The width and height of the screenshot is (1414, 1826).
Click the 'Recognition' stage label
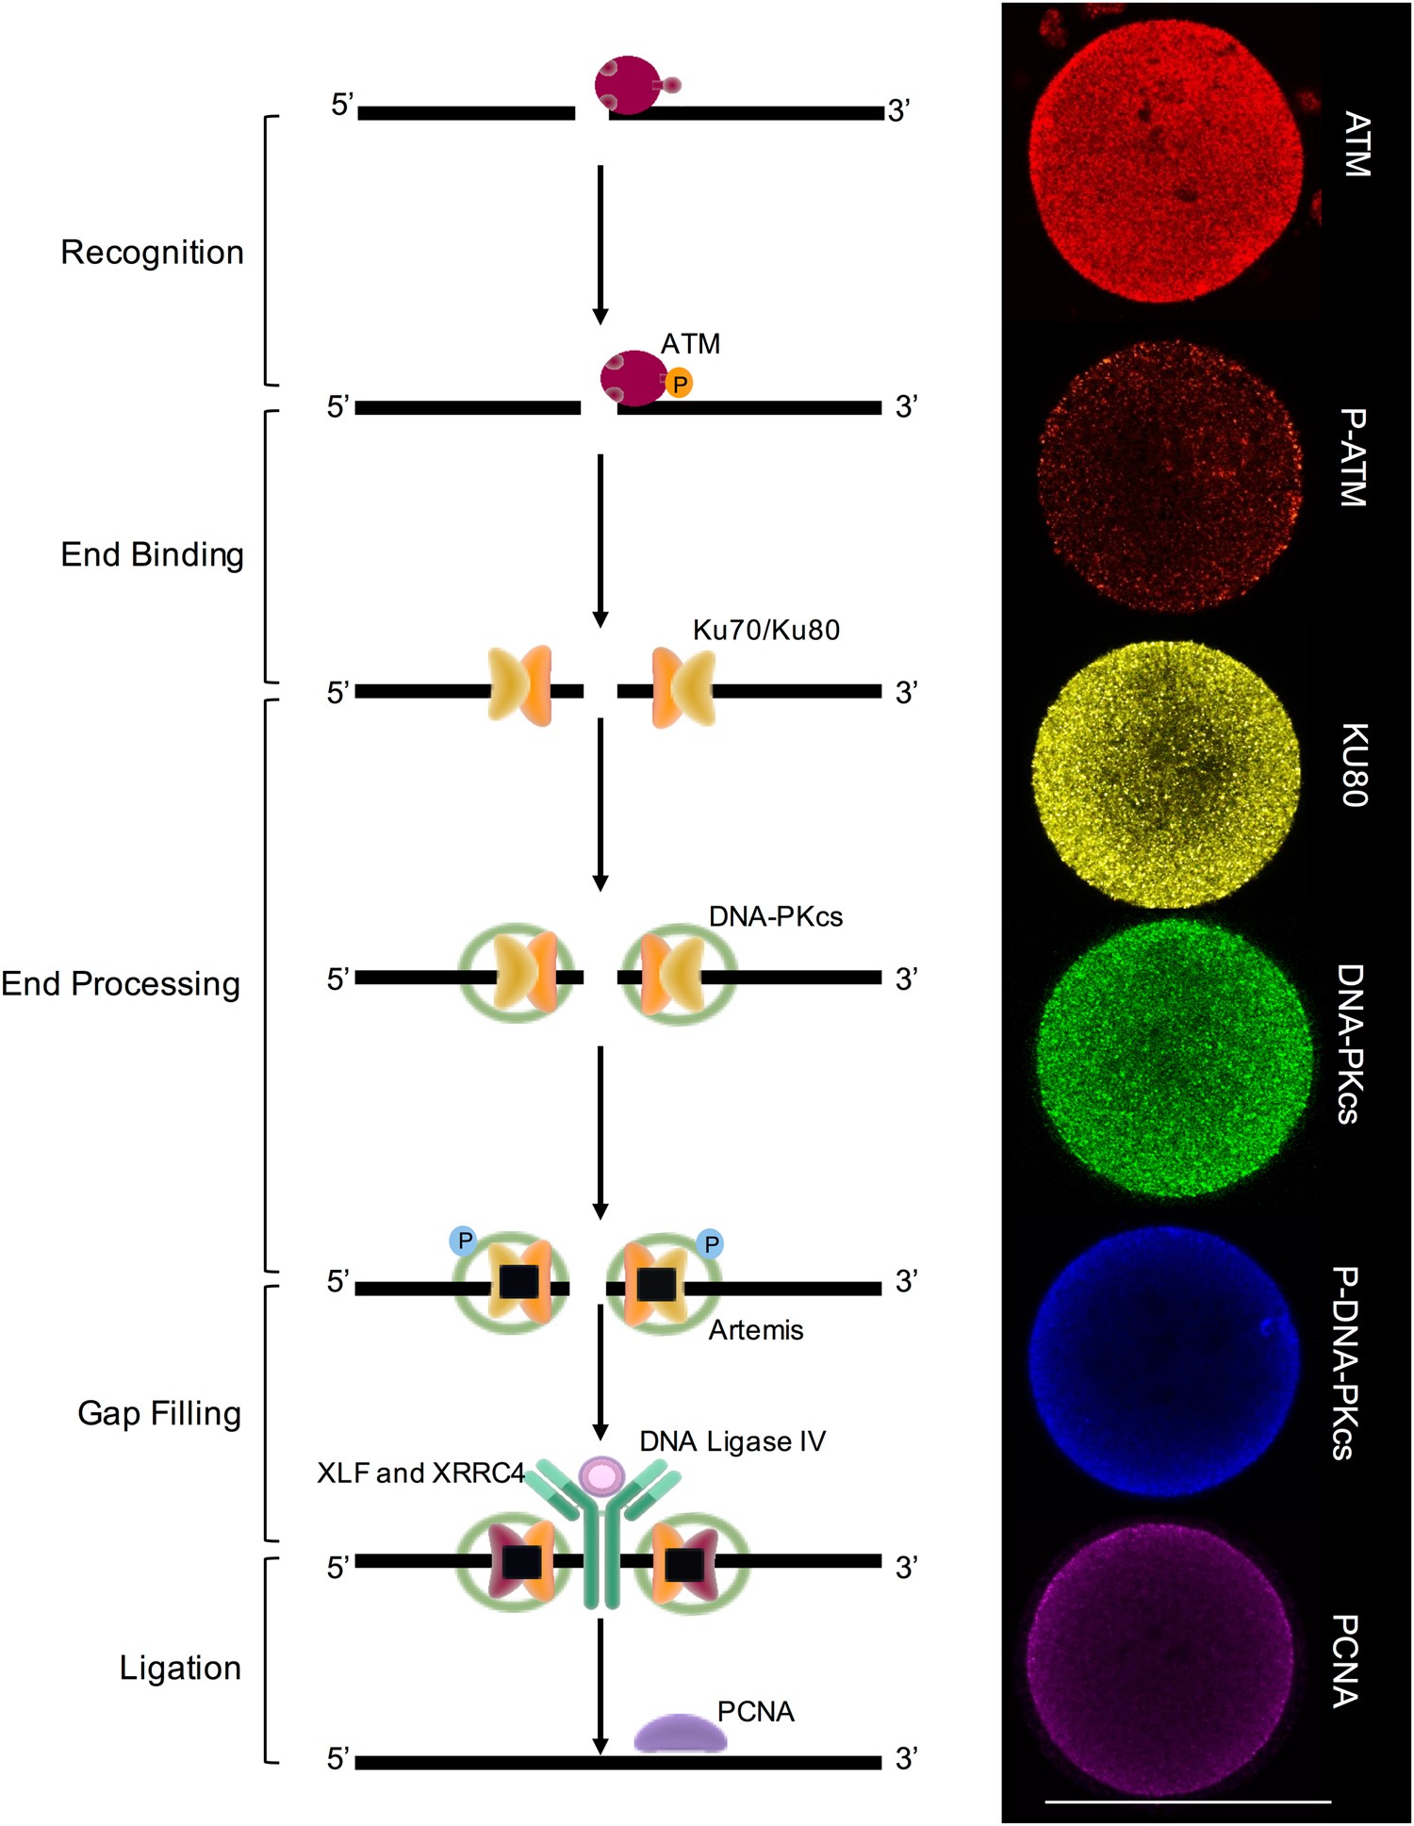pyautogui.click(x=152, y=253)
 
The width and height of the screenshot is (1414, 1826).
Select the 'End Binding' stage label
pyautogui.click(x=152, y=554)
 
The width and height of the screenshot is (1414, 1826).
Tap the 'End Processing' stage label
pyautogui.click(x=121, y=984)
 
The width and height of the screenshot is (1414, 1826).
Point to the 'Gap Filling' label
pyautogui.click(x=159, y=1413)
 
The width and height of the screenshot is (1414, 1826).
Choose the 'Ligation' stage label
pyautogui.click(x=180, y=1668)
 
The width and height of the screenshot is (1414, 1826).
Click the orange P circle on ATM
pyautogui.click(x=679, y=384)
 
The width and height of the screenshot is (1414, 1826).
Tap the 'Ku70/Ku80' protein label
pyautogui.click(x=765, y=630)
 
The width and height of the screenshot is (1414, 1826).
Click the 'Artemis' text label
pyautogui.click(x=756, y=1330)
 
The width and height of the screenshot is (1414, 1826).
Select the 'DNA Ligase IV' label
pyautogui.click(x=732, y=1441)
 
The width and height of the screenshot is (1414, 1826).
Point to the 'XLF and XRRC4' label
pyautogui.click(x=420, y=1472)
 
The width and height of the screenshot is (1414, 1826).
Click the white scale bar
pyautogui.click(x=1188, y=1801)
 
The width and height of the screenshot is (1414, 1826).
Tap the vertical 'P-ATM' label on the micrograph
pyautogui.click(x=1353, y=458)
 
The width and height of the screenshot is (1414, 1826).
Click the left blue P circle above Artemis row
pyautogui.click(x=463, y=1241)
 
